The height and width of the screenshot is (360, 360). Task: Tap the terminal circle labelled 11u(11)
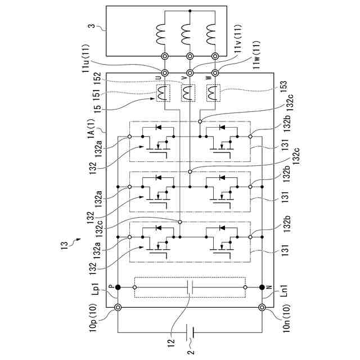(x=165, y=73)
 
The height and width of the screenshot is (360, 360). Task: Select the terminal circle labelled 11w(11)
(x=215, y=73)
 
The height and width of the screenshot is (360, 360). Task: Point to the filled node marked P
(x=118, y=287)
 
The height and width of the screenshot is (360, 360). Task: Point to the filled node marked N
(x=262, y=287)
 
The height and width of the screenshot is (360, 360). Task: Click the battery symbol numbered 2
(x=190, y=332)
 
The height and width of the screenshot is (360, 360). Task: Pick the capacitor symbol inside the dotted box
(x=190, y=287)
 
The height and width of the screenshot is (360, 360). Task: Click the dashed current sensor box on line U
(x=163, y=93)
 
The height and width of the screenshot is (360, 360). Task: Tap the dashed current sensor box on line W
(x=214, y=93)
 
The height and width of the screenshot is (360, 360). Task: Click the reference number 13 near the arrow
(x=65, y=246)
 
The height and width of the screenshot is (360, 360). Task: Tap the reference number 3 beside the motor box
(x=92, y=25)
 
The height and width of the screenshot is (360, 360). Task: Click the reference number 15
(x=97, y=109)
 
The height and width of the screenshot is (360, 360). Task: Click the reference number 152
(x=97, y=79)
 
